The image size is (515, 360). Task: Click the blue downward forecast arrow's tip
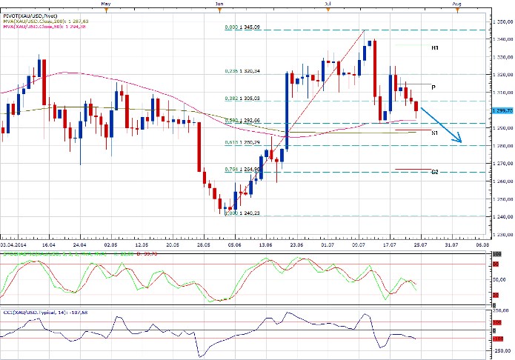(461, 141)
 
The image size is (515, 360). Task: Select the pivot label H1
(435, 47)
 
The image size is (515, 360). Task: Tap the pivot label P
(433, 87)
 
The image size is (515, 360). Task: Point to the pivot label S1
(435, 132)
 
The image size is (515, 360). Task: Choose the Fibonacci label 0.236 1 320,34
(242, 71)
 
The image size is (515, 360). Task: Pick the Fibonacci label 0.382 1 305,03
(242, 98)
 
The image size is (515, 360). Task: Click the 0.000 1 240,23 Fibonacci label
(242, 213)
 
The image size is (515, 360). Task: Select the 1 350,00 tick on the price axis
(501, 22)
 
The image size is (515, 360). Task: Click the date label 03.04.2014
(15, 243)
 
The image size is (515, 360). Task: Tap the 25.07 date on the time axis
(419, 243)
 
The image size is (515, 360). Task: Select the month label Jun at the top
(220, 4)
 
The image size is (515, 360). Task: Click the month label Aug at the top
(456, 4)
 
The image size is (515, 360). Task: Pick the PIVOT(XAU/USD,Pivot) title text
(30, 14)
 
